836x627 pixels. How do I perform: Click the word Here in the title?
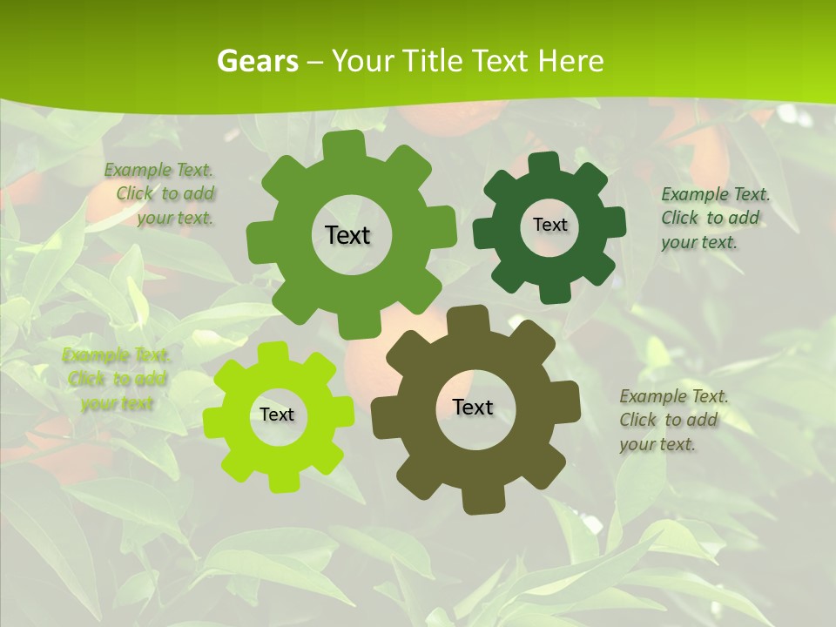click(x=570, y=61)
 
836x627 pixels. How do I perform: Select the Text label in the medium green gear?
click(x=347, y=235)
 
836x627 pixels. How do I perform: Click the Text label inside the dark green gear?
click(x=549, y=225)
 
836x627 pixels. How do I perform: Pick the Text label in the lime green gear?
click(x=277, y=415)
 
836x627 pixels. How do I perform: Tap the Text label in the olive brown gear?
click(x=473, y=407)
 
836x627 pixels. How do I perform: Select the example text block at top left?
click(x=161, y=194)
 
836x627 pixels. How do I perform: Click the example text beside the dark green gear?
click(x=714, y=218)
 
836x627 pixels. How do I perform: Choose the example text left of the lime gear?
click(x=117, y=379)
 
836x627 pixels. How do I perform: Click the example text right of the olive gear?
click(x=673, y=420)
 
